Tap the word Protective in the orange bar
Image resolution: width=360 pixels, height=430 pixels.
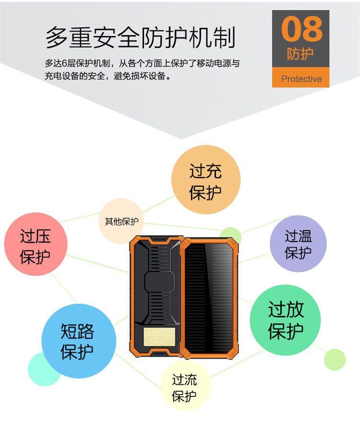coord(301,79)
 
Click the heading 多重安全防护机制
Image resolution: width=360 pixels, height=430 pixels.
coord(141,38)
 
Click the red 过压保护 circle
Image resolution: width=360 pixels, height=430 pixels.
coord(36,245)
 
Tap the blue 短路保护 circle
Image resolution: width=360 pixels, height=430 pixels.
coord(77,340)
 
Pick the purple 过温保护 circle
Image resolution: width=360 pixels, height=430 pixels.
coord(298,244)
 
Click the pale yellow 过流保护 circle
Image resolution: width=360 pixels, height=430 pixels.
coord(185,389)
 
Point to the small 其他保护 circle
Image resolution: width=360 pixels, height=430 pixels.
coord(121,221)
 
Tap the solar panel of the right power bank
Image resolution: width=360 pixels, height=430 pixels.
coord(210,298)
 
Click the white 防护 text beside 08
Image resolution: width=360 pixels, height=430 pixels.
coord(301,54)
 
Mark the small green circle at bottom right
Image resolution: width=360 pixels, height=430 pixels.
coord(335,359)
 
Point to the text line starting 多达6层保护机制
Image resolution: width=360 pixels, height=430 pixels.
coord(142,63)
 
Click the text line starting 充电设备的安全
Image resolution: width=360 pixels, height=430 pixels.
coord(108,76)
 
